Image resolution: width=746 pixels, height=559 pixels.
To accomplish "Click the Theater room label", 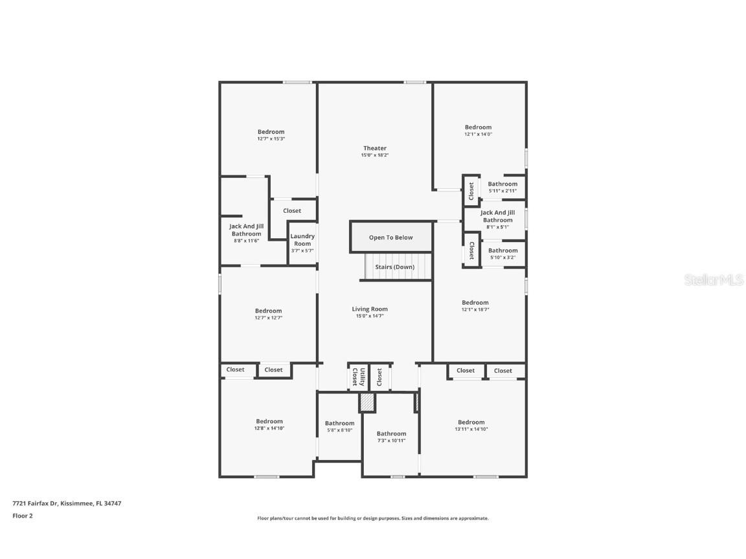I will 374,149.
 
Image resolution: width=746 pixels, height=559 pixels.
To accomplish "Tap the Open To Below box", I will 390,237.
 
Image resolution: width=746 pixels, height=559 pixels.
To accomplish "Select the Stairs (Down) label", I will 394,267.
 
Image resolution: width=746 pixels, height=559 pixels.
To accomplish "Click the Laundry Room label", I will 302,239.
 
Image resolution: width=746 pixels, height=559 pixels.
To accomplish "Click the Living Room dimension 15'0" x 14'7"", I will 370,316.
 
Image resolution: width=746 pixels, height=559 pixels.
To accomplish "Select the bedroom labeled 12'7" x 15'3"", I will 271,135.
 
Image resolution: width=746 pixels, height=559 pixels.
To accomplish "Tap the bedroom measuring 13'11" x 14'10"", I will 471,426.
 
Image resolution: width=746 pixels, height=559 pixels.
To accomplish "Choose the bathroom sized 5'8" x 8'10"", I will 339,426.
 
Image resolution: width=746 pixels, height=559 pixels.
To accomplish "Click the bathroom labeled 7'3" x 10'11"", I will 391,437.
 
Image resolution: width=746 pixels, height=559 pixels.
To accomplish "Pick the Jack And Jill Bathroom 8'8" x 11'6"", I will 246,233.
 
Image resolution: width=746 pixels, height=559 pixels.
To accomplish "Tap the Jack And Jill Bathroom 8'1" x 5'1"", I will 497,219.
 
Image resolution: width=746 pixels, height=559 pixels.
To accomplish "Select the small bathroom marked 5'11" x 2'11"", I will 503,187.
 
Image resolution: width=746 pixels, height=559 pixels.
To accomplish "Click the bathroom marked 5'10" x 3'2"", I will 503,254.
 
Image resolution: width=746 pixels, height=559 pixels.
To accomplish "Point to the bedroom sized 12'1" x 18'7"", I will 475,306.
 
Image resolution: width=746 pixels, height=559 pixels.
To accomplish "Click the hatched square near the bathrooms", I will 367,402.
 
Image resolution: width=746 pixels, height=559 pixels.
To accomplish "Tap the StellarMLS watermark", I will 715,280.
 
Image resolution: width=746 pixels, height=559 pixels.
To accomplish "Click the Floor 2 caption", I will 22,516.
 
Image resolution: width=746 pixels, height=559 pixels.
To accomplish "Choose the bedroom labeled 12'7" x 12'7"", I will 268,314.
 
